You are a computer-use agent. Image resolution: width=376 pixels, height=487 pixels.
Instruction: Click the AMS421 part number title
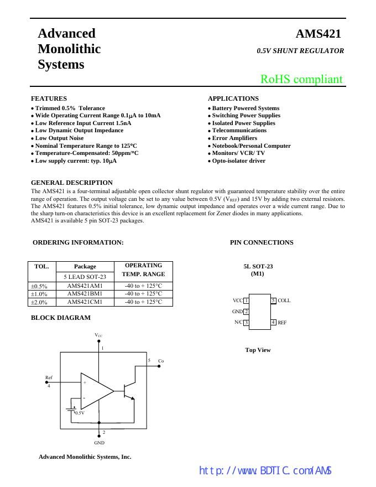tap(318, 34)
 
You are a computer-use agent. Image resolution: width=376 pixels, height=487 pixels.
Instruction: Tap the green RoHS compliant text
tap(301, 79)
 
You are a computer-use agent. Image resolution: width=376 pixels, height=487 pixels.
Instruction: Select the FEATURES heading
tap(49, 99)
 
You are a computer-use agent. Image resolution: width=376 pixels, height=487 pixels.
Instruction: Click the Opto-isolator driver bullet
tap(238, 161)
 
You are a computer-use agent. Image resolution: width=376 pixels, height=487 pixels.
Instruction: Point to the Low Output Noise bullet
tap(59, 138)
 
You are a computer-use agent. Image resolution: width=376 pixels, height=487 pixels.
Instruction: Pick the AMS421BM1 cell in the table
tap(85, 294)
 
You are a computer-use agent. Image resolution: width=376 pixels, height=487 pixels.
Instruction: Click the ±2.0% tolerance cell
tap(39, 302)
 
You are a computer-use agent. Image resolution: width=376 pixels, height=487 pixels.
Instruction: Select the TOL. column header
tap(41, 266)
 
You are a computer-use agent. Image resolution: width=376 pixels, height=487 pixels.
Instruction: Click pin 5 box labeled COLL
tap(273, 301)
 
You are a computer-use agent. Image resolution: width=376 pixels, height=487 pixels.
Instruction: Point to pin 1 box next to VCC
tap(246, 301)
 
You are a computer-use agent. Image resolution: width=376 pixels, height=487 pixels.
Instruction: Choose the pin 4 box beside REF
tap(273, 322)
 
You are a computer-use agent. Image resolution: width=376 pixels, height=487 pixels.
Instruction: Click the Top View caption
tap(258, 350)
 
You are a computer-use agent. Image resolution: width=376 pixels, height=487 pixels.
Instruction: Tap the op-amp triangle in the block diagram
tap(95, 390)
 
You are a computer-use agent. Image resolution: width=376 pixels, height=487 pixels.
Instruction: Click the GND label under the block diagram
tap(99, 443)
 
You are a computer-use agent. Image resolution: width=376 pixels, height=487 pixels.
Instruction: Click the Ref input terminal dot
tap(53, 381)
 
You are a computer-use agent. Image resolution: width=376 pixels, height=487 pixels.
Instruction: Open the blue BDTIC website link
tap(265, 471)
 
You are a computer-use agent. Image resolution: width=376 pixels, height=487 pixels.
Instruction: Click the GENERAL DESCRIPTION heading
tap(72, 183)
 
